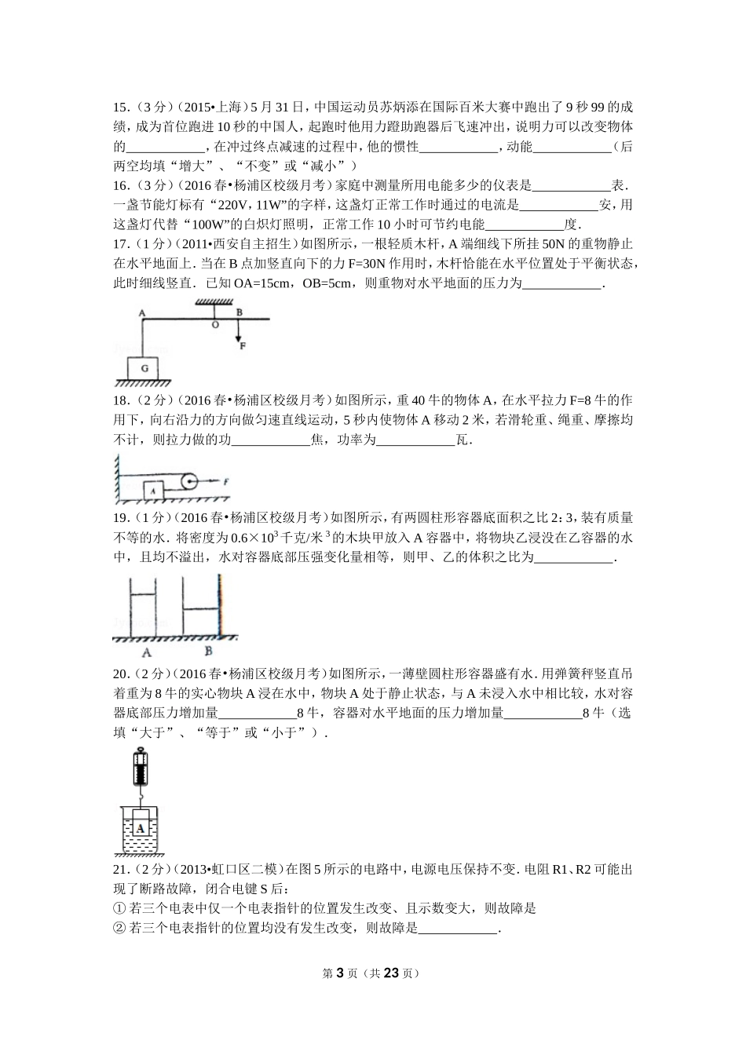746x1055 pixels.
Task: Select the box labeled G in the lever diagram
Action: pos(143,367)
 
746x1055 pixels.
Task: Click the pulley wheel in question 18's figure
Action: pos(189,481)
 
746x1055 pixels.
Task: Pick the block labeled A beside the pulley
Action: pos(155,490)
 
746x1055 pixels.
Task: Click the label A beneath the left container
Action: pos(146,652)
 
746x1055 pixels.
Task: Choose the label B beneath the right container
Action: pos(208,651)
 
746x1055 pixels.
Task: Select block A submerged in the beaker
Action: pos(141,827)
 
